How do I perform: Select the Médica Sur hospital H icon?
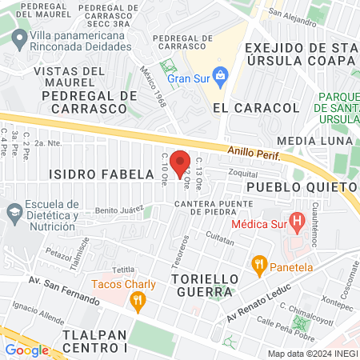click(x=297, y=219)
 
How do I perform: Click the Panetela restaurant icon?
click(x=258, y=263)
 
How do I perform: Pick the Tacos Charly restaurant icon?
click(x=138, y=301)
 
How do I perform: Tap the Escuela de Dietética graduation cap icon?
click(x=13, y=212)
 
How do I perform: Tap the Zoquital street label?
click(x=242, y=172)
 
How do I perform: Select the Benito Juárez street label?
click(x=118, y=210)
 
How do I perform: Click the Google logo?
click(x=26, y=350)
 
